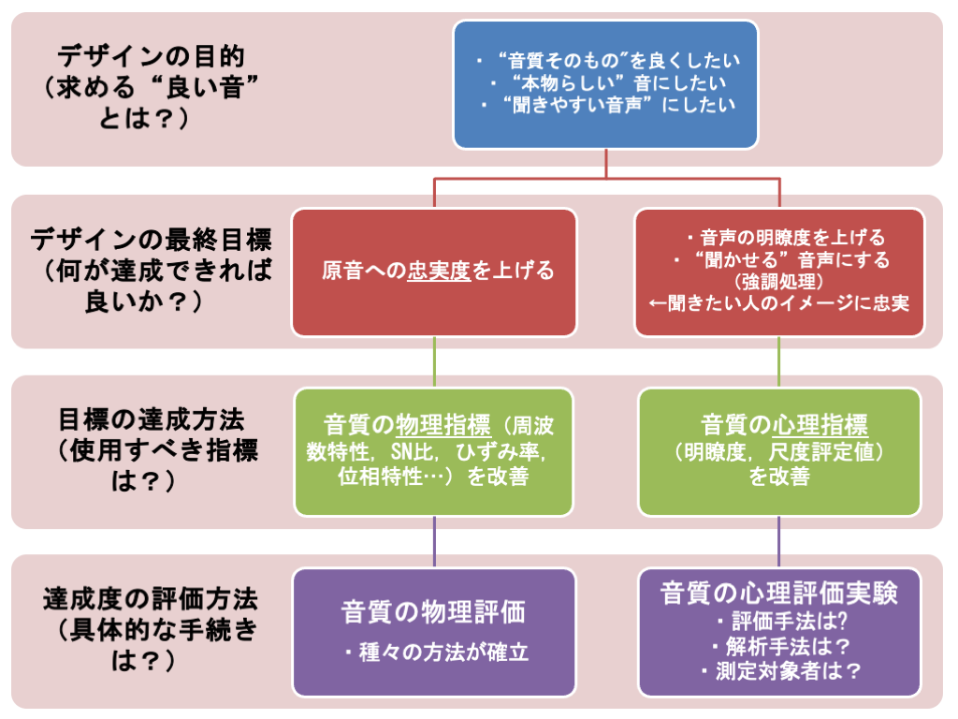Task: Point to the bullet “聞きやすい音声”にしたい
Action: point(608,105)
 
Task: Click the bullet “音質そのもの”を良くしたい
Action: point(608,60)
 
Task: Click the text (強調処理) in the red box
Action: point(778,282)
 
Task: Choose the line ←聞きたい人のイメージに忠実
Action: point(779,304)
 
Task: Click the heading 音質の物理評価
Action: point(433,612)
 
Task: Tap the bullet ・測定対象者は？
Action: point(779,670)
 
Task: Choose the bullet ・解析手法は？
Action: point(779,645)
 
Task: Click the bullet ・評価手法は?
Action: point(779,621)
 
